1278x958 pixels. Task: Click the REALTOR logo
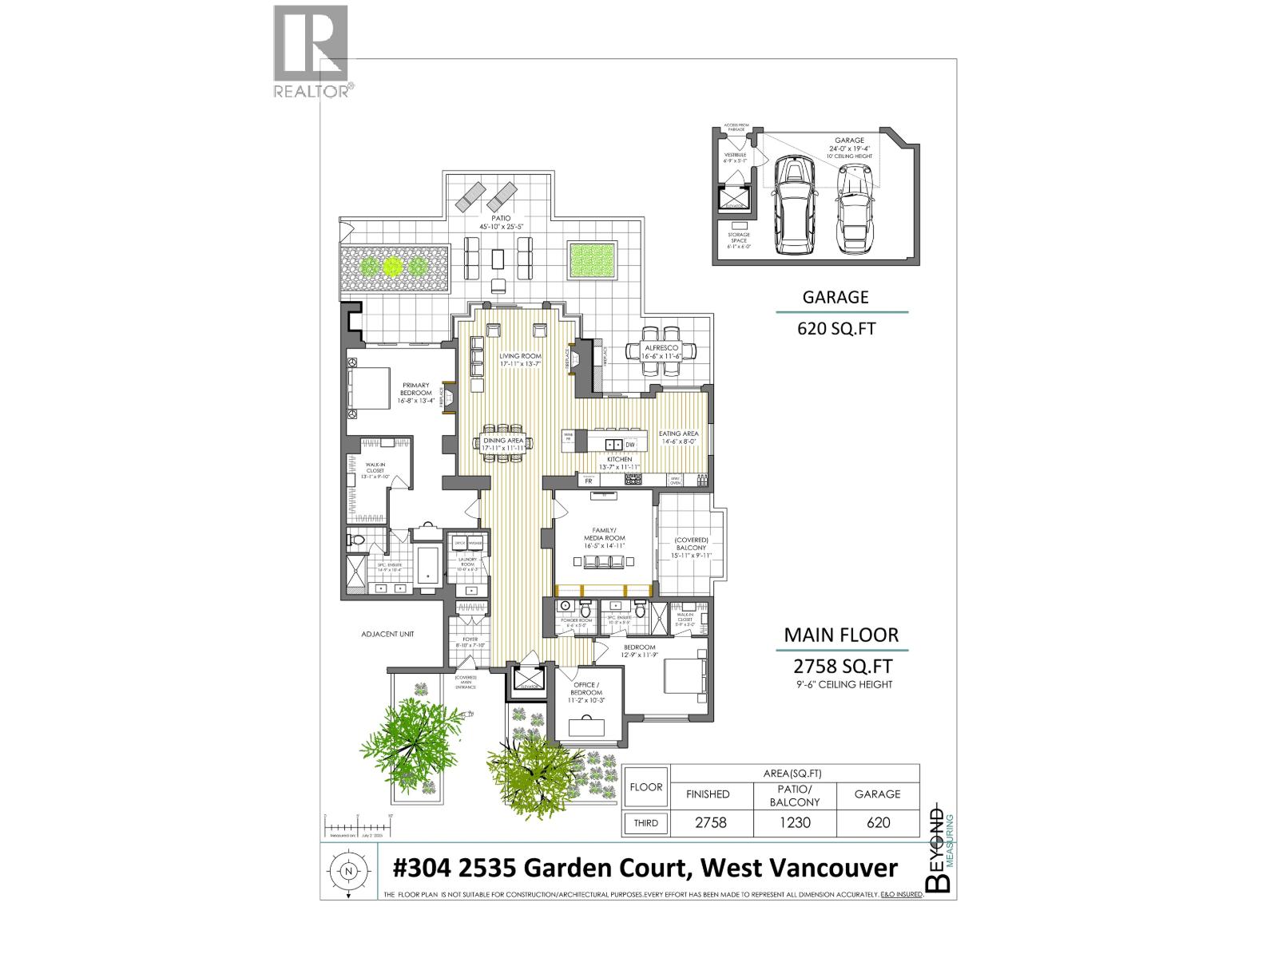coord(311,51)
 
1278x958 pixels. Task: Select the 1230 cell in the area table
coord(796,823)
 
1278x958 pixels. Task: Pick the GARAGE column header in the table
coord(877,794)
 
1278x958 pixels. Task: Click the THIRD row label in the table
coord(646,823)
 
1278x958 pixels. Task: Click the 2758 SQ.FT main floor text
coord(843,666)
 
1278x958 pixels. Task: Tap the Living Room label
coord(521,359)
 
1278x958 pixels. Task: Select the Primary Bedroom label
coord(416,389)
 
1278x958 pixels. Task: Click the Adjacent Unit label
coord(387,634)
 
